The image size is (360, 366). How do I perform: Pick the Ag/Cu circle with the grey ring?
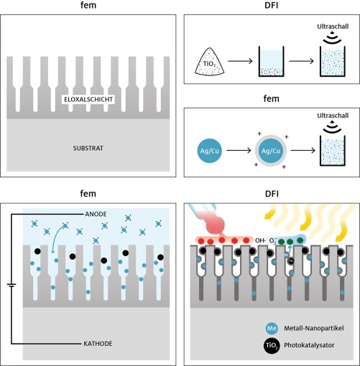pos(269,152)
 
